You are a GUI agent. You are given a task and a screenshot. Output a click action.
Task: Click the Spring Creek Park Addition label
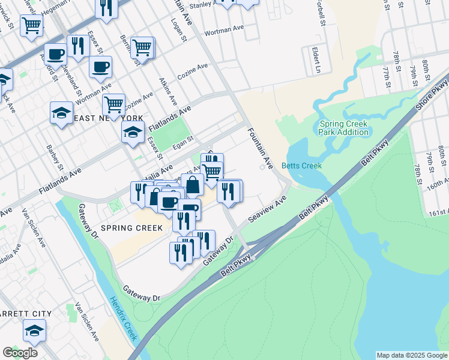coord(343,128)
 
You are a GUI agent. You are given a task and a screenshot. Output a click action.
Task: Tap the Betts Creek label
coord(302,166)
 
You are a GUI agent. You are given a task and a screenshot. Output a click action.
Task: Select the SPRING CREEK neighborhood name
coord(131,228)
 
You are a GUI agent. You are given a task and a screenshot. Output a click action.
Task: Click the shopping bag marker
coord(193,185)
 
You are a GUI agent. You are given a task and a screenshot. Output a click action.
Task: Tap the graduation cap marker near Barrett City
coord(34,331)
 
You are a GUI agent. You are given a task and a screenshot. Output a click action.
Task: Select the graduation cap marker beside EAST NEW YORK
coord(61,113)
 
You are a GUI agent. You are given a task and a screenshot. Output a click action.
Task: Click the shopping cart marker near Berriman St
coord(142,47)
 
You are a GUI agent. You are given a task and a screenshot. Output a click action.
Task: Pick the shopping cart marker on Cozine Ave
coord(113,104)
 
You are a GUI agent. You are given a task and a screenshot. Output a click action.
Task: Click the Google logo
coord(20,353)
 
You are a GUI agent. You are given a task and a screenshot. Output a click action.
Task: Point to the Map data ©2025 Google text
coord(412,355)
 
